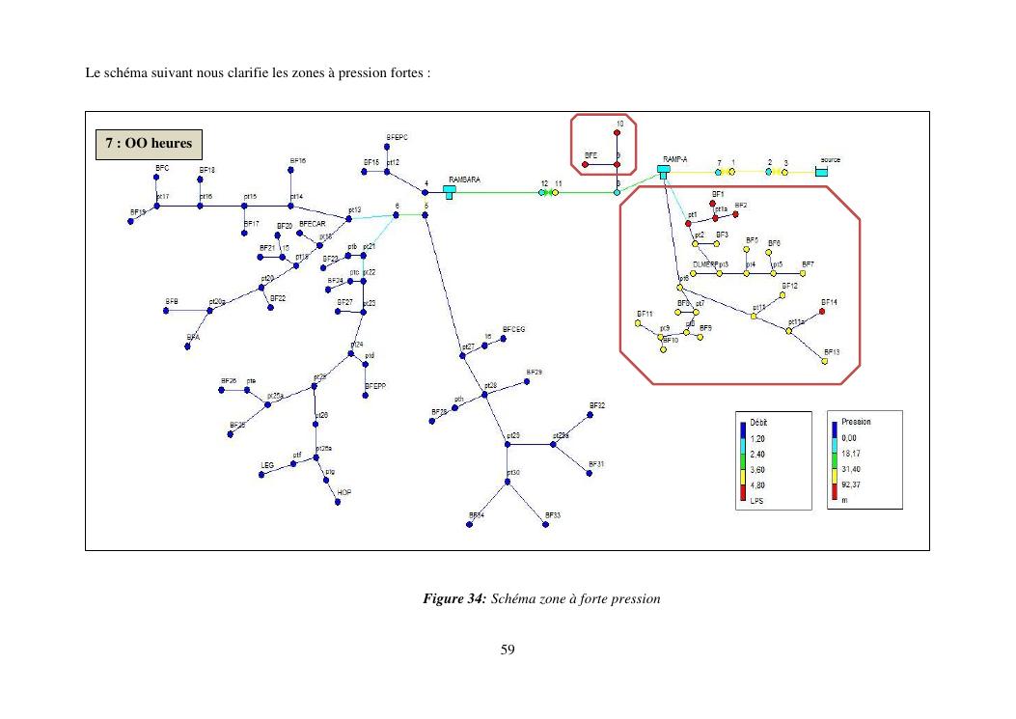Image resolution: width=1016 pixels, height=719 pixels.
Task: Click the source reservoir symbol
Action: (821, 172)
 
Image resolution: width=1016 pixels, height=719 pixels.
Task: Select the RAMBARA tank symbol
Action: (450, 191)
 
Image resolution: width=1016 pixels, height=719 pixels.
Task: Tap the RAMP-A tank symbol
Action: (664, 171)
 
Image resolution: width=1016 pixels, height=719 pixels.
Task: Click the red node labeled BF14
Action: (822, 312)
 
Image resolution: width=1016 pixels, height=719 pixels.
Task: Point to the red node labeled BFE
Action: (585, 165)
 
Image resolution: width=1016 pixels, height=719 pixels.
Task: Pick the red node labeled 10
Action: (617, 133)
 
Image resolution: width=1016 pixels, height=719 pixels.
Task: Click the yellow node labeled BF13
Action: (824, 361)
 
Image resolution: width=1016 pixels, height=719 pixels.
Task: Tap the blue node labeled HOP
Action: (338, 502)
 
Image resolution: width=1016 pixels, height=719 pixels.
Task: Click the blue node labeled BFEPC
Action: (386, 147)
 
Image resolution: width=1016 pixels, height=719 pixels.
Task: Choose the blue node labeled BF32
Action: (589, 416)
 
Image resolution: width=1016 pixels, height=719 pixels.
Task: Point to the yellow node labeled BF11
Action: (638, 323)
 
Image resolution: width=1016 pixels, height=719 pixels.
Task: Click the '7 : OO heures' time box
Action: (149, 144)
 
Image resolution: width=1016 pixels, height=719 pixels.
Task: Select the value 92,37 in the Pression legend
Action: (851, 485)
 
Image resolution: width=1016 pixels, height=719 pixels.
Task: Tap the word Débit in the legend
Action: (758, 423)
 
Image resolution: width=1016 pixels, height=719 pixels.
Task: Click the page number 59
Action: (508, 650)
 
